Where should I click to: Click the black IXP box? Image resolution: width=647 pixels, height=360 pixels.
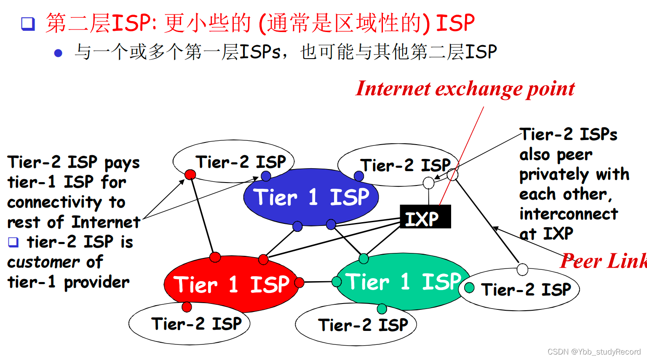425,217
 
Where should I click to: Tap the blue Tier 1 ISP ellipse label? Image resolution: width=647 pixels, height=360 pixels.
311,197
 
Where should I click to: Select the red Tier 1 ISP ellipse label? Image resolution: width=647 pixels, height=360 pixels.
231,284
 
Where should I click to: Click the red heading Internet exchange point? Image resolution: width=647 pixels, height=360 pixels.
465,89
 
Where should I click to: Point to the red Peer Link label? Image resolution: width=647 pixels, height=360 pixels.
603,261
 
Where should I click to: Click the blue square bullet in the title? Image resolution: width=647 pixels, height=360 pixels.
28,24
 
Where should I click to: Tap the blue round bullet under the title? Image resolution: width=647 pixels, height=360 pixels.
58,53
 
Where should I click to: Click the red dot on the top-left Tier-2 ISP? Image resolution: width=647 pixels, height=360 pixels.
190,175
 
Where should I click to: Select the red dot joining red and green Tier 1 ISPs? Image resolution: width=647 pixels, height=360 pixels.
299,282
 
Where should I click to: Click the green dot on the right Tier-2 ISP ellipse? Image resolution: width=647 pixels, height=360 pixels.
469,288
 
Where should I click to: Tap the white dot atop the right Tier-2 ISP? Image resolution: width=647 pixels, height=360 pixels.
522,270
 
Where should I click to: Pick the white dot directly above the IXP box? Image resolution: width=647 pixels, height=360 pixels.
428,183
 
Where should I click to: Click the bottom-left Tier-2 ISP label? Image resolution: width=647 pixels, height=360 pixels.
196,324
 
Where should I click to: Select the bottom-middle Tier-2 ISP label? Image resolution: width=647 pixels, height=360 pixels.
363,325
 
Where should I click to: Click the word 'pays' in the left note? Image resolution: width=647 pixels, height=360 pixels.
122,163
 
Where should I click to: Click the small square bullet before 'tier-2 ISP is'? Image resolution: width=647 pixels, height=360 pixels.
13,242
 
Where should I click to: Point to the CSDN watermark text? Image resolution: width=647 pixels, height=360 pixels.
594,352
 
